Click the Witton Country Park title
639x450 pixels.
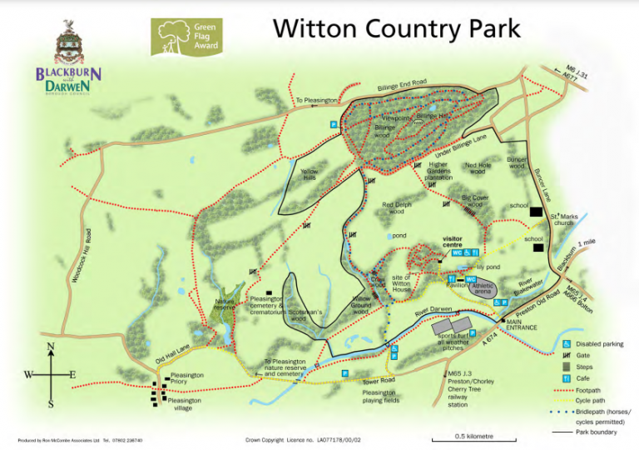pyautogui.click(x=397, y=29)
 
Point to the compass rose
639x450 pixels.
pyautogui.click(x=50, y=375)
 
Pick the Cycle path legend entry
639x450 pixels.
pyautogui.click(x=597, y=401)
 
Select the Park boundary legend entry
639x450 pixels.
pyautogui.click(x=602, y=432)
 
